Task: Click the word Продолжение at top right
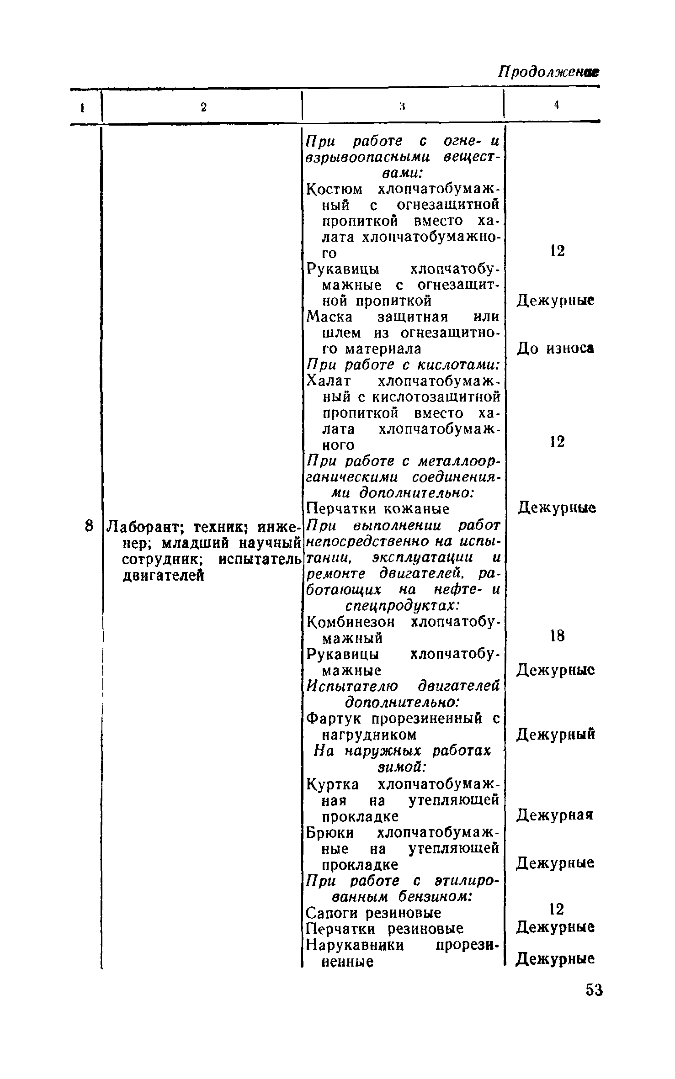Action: click(548, 72)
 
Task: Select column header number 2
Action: click(203, 107)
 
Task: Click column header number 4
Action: click(556, 105)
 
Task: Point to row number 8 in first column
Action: click(90, 526)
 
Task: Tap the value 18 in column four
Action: click(557, 636)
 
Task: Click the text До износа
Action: click(555, 349)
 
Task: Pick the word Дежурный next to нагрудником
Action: click(556, 735)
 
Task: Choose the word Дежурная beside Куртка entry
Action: click(555, 815)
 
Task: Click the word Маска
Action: click(330, 317)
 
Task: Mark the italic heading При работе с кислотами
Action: click(402, 365)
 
